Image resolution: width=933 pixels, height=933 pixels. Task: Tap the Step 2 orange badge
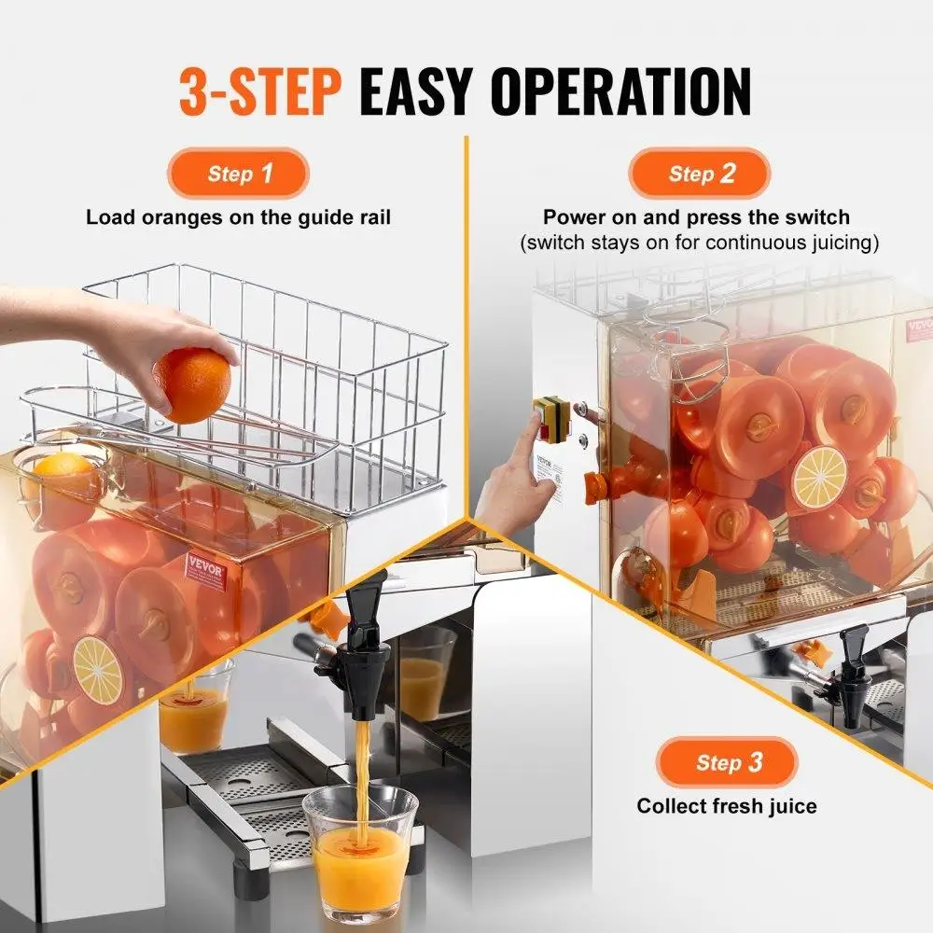699,173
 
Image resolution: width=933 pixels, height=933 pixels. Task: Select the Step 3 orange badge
728,762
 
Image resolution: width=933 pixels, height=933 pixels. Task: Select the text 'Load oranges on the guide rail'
238,217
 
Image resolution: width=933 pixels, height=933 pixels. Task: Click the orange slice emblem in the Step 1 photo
98,669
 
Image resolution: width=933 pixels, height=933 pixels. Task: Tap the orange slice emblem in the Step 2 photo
818,477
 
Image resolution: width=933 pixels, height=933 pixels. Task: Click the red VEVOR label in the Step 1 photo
205,571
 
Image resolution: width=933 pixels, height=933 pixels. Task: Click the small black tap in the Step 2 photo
852,662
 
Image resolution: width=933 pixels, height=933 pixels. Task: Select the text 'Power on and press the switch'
697,217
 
